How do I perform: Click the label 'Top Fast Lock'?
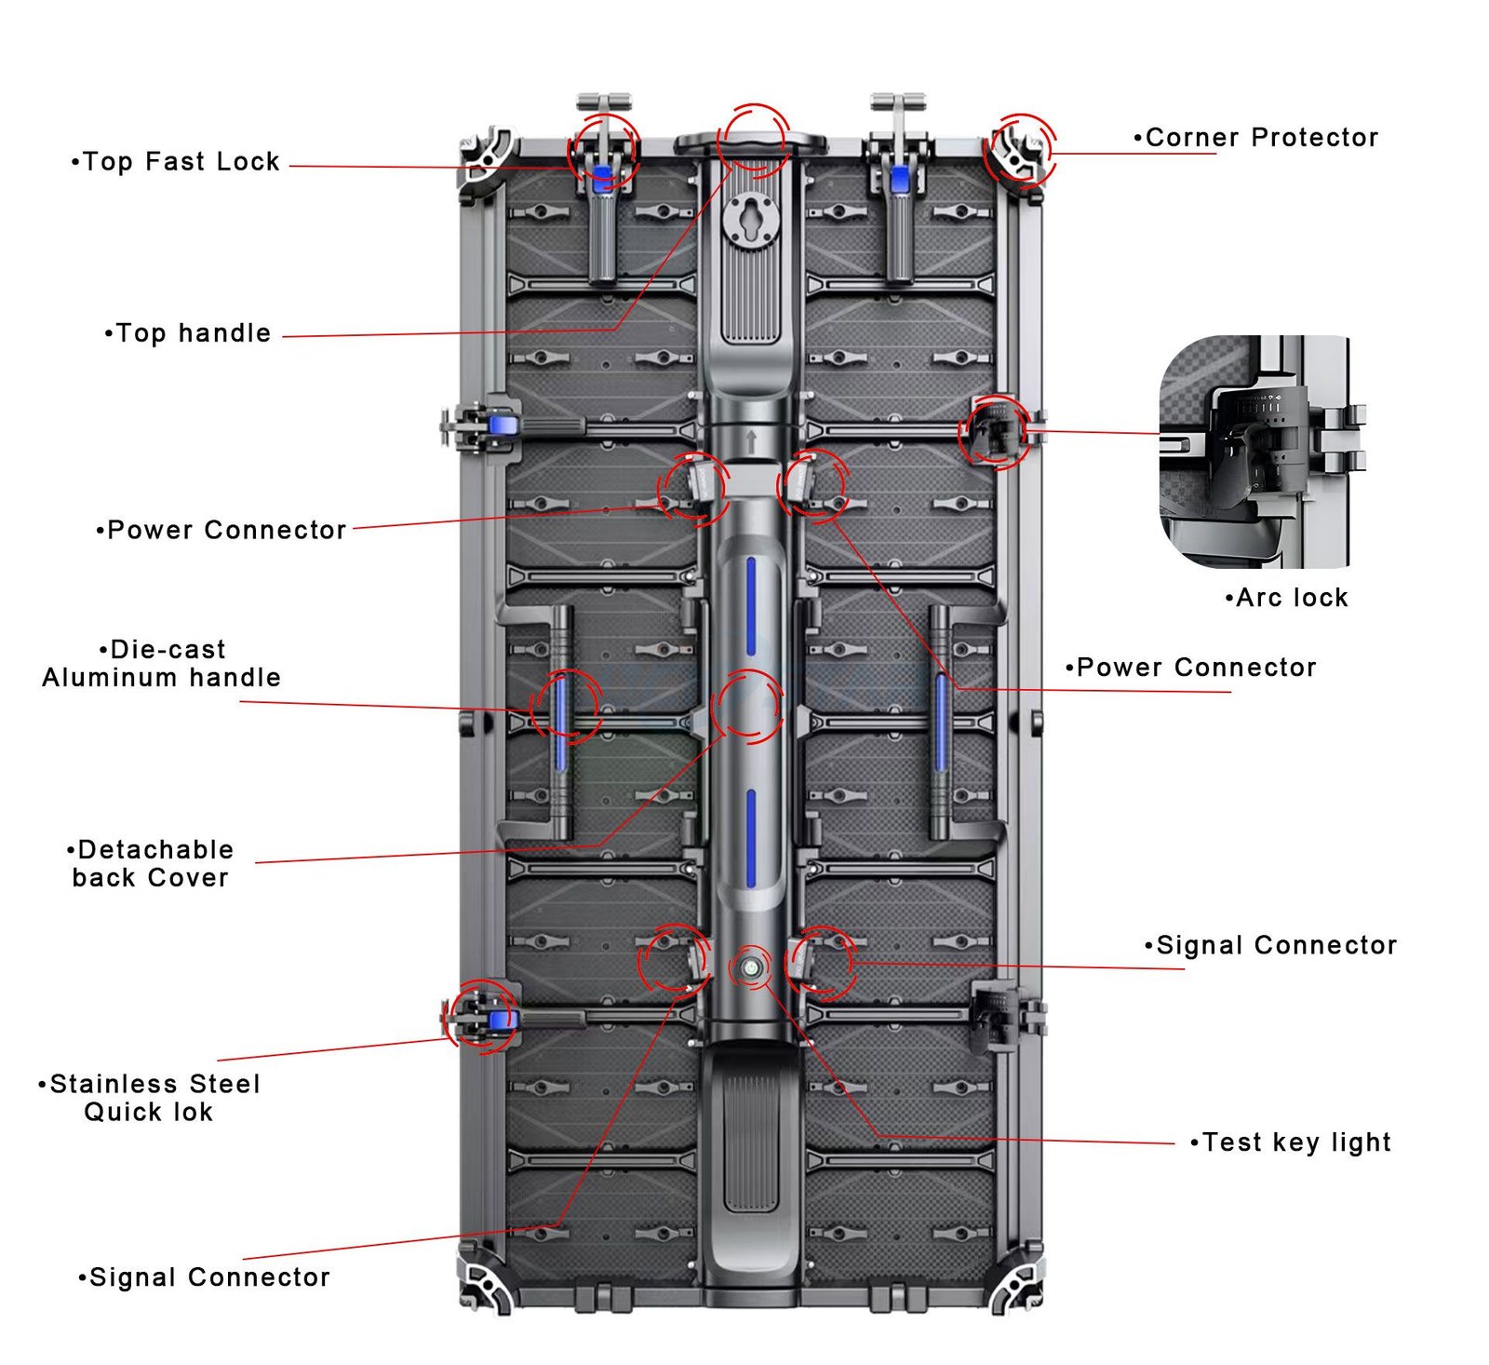click(x=177, y=162)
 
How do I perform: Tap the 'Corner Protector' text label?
click(x=1257, y=138)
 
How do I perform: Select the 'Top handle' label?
click(x=189, y=333)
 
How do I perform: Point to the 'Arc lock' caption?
click(x=1288, y=598)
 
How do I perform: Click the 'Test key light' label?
click(x=1292, y=1142)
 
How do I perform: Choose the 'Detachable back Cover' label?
click(x=151, y=863)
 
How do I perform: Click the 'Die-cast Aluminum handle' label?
click(x=162, y=663)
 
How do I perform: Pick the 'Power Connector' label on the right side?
click(x=1192, y=668)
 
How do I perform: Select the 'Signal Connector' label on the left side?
click(x=205, y=1277)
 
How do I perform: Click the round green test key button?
click(x=750, y=969)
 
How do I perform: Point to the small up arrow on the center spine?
click(x=751, y=439)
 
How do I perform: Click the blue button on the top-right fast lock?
click(x=900, y=178)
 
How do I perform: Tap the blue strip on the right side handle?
click(x=941, y=722)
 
